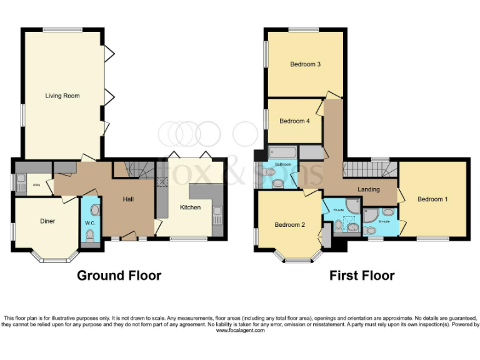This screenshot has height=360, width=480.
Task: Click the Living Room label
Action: pyautogui.click(x=62, y=96)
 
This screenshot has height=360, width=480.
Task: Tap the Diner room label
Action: pyautogui.click(x=47, y=220)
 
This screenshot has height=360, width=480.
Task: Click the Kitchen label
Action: pyautogui.click(x=190, y=207)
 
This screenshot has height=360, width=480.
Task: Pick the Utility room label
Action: pyautogui.click(x=36, y=185)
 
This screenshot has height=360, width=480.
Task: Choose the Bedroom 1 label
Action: pyautogui.click(x=432, y=199)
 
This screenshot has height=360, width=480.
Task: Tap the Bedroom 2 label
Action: pyautogui.click(x=289, y=224)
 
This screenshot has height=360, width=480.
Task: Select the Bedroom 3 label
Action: pyautogui.click(x=305, y=64)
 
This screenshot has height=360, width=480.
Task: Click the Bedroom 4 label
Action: pyautogui.click(x=294, y=121)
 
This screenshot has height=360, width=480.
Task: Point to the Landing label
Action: pyautogui.click(x=369, y=189)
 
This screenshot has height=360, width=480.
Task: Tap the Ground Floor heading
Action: pyautogui.click(x=119, y=276)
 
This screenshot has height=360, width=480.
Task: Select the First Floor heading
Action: pyautogui.click(x=362, y=276)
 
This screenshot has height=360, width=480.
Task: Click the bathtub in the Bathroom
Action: pyautogui.click(x=282, y=153)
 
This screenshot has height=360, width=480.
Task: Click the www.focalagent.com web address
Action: pyautogui.click(x=240, y=330)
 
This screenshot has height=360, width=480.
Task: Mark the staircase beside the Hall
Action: pyautogui.click(x=140, y=169)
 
